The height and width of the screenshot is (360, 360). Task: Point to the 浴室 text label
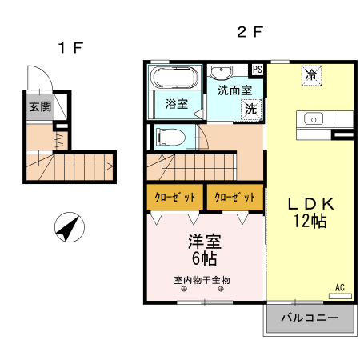click(176, 103)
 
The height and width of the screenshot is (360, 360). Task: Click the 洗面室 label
click(234, 90)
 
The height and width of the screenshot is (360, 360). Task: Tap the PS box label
click(258, 70)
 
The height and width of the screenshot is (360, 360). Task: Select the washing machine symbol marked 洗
click(251, 109)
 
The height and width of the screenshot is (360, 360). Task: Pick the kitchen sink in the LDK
click(313, 120)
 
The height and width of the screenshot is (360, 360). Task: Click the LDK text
click(310, 203)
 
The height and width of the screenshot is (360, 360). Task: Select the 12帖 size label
click(310, 221)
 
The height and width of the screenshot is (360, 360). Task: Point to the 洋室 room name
click(204, 241)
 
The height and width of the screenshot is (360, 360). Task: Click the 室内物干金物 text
click(202, 280)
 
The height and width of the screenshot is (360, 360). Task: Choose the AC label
click(339, 287)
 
